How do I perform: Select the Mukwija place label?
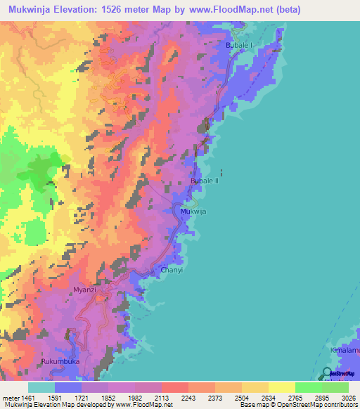(x=194, y=211)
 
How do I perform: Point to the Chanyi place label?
(x=172, y=269)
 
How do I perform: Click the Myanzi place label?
(x=84, y=290)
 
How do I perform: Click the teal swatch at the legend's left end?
(x=41, y=387)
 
